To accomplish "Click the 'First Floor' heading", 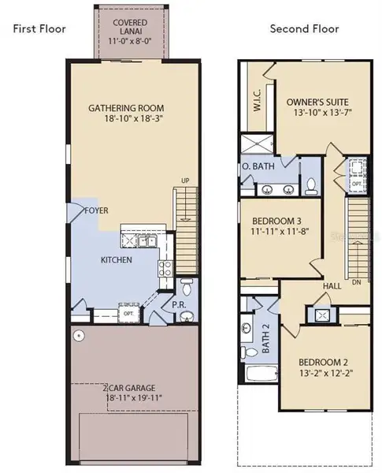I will pyautogui.click(x=39, y=30).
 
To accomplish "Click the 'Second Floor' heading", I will pyautogui.click(x=304, y=29).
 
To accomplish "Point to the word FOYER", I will pyautogui.click(x=97, y=211).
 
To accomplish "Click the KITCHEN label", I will pyautogui.click(x=116, y=260).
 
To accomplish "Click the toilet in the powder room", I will pyautogui.click(x=186, y=287).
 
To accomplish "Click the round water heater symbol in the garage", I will pyautogui.click(x=79, y=336).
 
